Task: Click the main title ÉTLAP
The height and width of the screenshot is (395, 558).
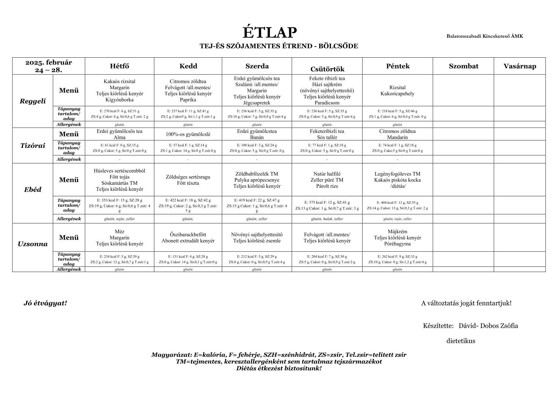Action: pyautogui.click(x=270, y=33)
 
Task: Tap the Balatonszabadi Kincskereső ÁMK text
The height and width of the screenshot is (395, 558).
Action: pyautogui.click(x=484, y=36)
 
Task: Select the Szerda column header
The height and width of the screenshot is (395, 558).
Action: pyautogui.click(x=257, y=66)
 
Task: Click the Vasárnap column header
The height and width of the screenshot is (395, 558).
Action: pyautogui.click(x=519, y=66)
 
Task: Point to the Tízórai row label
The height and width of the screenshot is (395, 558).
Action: pyautogui.click(x=33, y=146)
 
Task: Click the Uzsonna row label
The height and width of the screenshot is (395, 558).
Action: pyautogui.click(x=33, y=244)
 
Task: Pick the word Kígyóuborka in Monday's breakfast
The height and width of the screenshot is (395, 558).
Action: pyautogui.click(x=119, y=100)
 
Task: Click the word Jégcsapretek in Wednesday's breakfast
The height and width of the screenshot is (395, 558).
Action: pyautogui.click(x=257, y=103)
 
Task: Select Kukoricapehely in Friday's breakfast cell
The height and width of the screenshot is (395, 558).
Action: pyautogui.click(x=397, y=94)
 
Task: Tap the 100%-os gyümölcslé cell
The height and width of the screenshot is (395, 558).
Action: pyautogui.click(x=188, y=134)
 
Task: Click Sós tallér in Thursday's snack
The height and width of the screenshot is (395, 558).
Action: pyautogui.click(x=327, y=138)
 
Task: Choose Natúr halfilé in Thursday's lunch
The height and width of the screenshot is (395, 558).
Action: pyautogui.click(x=327, y=174)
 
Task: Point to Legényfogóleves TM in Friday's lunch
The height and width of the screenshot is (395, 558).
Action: pyautogui.click(x=397, y=174)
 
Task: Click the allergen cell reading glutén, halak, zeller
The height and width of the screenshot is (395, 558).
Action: pyautogui.click(x=327, y=219)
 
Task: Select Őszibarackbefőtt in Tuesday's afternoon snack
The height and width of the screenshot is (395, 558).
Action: pyautogui.click(x=188, y=235)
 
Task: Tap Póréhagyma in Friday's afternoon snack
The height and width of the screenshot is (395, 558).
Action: pyautogui.click(x=397, y=244)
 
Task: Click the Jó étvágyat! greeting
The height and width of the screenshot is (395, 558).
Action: pyautogui.click(x=45, y=303)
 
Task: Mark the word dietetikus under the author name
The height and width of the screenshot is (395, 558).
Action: pyautogui.click(x=461, y=341)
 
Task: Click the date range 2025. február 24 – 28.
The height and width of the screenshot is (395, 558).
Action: pyautogui.click(x=49, y=66)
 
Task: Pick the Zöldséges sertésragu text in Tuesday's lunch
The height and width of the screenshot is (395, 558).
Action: pyautogui.click(x=188, y=177)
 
